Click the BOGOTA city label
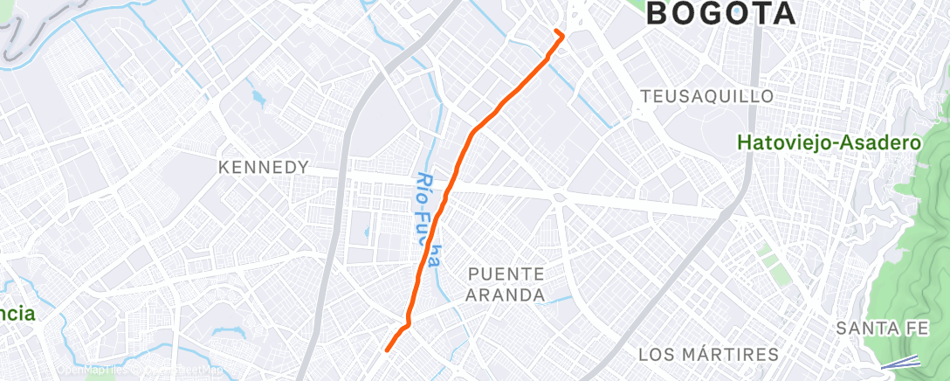[x=721, y=13]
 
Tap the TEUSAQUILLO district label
[x=707, y=95]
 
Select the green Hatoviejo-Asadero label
[x=830, y=142]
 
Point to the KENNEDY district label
[x=264, y=167]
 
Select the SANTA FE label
[x=878, y=329]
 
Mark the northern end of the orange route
[x=557, y=31]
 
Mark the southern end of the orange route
[x=387, y=350]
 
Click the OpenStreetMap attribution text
[x=183, y=370]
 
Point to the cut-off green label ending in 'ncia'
[x=17, y=314]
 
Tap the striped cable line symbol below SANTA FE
[x=899, y=363]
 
